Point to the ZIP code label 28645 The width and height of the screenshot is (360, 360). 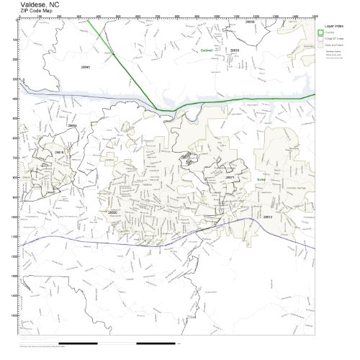(86, 66)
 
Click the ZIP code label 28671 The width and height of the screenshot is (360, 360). (230, 176)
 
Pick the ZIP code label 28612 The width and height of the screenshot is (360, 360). (267, 216)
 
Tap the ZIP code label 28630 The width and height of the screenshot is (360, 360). (234, 50)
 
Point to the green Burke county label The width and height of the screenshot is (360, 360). (261, 179)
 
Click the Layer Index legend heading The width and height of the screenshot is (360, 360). (333, 24)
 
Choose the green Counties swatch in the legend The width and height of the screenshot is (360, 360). (320, 32)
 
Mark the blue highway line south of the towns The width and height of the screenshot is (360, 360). (166, 238)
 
